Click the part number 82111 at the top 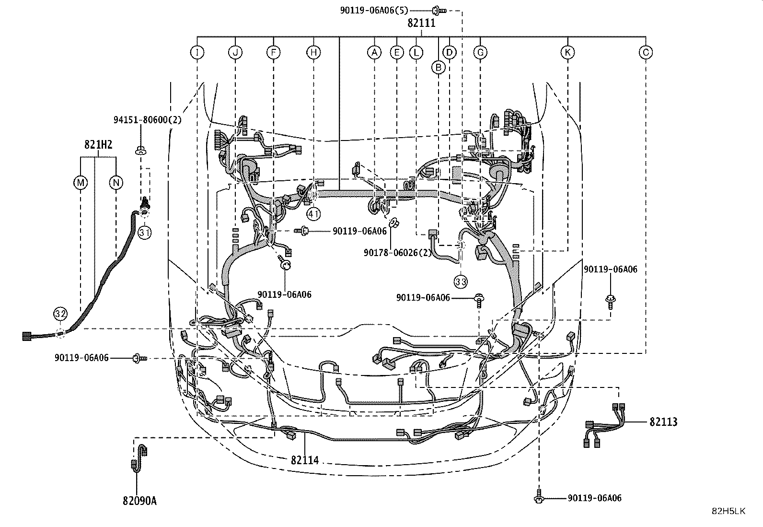click(x=421, y=23)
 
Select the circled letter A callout click(x=374, y=52)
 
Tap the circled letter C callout click(x=646, y=52)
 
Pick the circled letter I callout click(x=197, y=52)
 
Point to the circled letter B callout click(x=439, y=68)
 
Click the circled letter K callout click(x=567, y=52)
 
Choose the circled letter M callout click(x=81, y=183)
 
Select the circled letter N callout click(x=116, y=183)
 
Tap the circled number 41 click(x=313, y=214)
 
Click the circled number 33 click(x=461, y=282)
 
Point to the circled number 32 click(x=60, y=314)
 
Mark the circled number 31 click(x=145, y=233)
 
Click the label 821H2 click(x=98, y=145)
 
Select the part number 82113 click(x=663, y=422)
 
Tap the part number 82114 click(x=305, y=460)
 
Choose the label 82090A click(x=139, y=501)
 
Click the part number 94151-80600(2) click(x=148, y=120)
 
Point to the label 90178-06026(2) click(x=397, y=253)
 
